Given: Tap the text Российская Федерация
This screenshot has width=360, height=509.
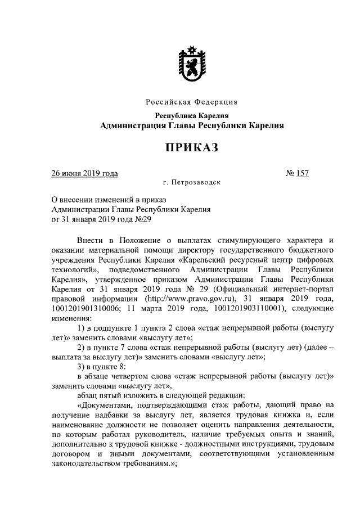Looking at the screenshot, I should click(191, 102).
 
